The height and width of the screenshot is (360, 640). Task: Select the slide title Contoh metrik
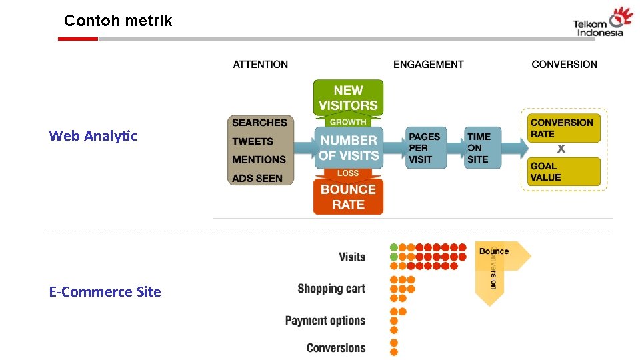(118, 21)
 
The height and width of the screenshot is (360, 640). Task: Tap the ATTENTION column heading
(260, 65)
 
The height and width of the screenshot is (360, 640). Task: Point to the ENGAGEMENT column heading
(428, 65)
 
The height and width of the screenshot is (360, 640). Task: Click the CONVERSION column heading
(564, 65)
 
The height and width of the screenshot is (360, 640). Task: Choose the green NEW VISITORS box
(348, 97)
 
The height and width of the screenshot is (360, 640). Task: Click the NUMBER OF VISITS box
(349, 147)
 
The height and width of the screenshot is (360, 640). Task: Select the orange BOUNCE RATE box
(348, 197)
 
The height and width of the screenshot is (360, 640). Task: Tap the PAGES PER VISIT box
(425, 147)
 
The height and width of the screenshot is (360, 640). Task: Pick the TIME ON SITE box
(479, 147)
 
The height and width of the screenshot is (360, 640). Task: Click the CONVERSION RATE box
(561, 127)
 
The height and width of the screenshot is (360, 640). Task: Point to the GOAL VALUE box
(561, 171)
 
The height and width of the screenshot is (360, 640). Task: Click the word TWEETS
(253, 141)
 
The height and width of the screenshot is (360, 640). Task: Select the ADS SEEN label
(257, 178)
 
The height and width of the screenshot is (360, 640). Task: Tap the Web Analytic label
(93, 136)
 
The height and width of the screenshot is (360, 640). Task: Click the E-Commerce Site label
(105, 292)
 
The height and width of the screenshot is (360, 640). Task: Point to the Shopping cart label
(331, 289)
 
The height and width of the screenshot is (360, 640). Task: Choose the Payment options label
(325, 321)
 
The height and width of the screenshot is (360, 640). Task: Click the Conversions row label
(336, 348)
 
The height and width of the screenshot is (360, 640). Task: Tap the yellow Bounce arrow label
(495, 251)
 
